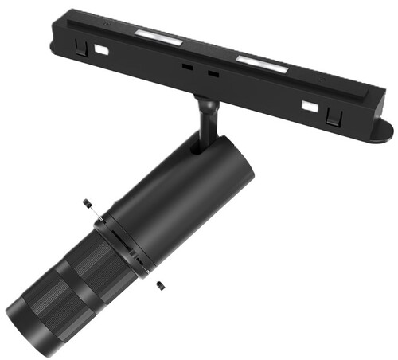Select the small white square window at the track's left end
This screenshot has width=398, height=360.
[101, 49]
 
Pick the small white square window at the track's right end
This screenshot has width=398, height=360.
[308, 106]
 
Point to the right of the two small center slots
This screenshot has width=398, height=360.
[213, 74]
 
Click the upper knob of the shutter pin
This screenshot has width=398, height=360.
[86, 204]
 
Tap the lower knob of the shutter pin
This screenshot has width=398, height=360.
[160, 285]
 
